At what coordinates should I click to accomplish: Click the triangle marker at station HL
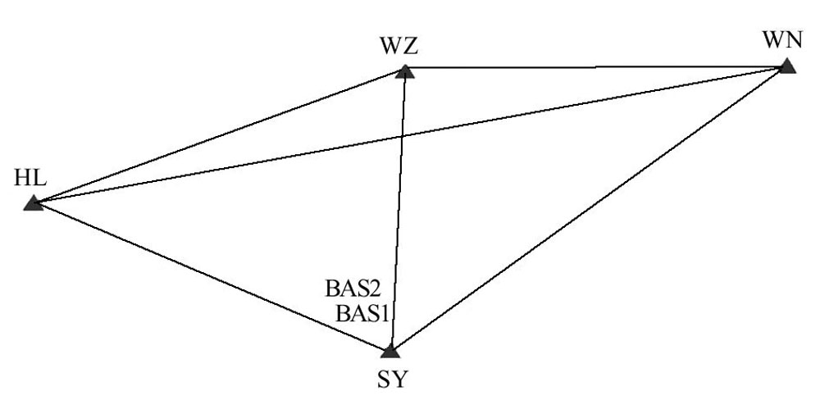33,203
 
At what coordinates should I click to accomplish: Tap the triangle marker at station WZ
405,71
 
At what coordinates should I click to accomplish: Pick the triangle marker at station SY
390,351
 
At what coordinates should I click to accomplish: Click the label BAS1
362,312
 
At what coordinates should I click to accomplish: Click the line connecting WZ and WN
594,68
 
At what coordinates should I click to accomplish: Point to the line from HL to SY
212,277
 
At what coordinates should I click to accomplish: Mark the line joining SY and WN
588,209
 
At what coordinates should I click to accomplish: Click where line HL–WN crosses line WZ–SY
402,136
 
